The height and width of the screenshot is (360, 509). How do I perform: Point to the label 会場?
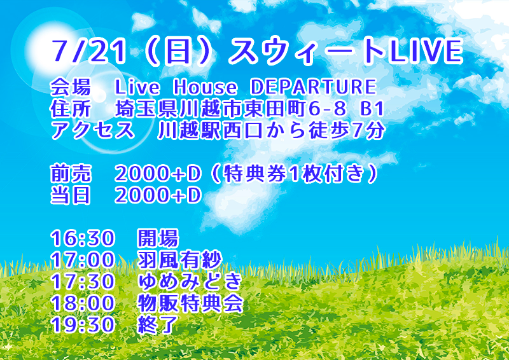71,87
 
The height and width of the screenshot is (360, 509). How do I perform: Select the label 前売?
71,174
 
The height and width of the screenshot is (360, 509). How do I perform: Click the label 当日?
71,195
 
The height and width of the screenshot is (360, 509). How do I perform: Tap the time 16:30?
82,239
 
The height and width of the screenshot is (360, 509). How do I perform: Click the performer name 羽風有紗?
179,260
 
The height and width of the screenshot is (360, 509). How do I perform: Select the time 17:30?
82,282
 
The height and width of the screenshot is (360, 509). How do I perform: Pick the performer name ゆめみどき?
190,282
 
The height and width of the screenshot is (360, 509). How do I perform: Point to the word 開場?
157,239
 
